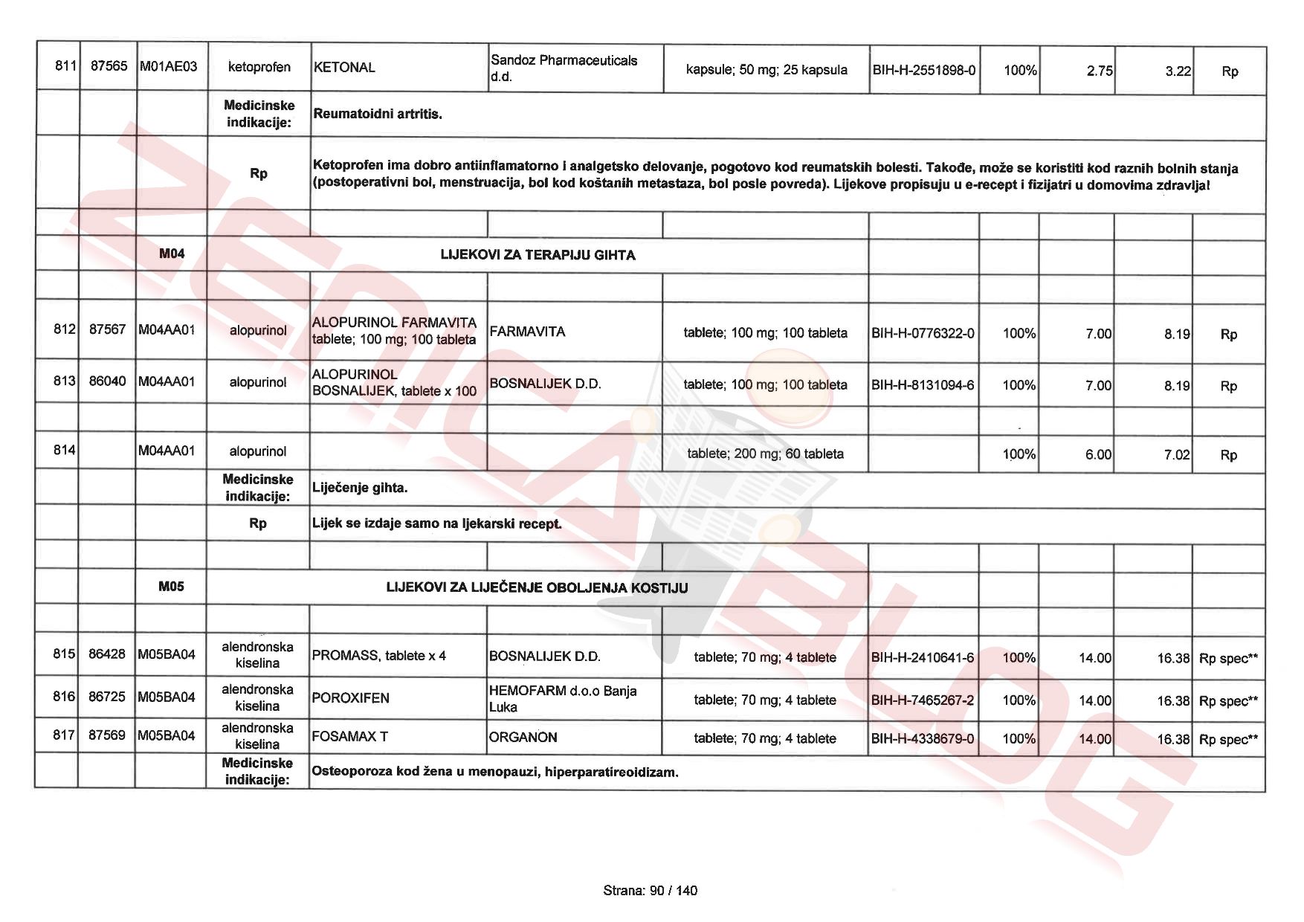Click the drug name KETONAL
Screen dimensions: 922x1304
click(344, 68)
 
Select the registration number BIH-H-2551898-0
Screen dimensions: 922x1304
click(923, 71)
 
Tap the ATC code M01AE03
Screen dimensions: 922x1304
click(169, 67)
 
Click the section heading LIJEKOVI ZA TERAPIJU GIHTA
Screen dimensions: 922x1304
click(538, 255)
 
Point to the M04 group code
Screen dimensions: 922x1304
click(172, 254)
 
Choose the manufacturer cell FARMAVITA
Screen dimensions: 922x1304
click(527, 332)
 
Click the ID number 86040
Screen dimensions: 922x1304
click(107, 381)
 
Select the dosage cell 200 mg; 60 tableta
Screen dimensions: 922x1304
click(765, 454)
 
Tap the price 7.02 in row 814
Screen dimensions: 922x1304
click(1176, 454)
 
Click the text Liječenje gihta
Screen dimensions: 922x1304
click(360, 488)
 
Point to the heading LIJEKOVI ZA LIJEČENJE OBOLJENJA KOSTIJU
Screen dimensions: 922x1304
click(537, 587)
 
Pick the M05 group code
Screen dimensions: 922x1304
click(171, 587)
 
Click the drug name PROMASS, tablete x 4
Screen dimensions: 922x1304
click(379, 656)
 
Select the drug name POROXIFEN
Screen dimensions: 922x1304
click(350, 698)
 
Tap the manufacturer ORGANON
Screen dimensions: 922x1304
click(523, 738)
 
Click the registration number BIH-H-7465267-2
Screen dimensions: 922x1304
click(922, 700)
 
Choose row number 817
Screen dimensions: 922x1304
click(64, 735)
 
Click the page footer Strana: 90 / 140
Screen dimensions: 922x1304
click(651, 891)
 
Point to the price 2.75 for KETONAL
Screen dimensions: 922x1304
click(1099, 71)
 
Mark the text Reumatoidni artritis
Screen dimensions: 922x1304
click(378, 114)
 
